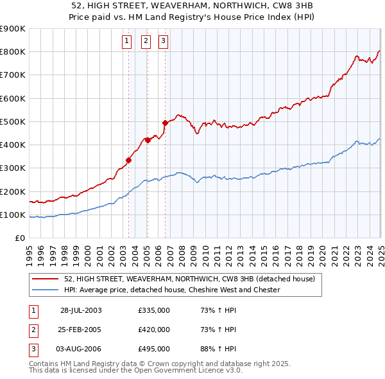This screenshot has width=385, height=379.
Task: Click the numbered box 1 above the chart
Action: pyautogui.click(x=126, y=42)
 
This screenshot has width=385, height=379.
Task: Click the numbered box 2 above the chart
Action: pyautogui.click(x=146, y=42)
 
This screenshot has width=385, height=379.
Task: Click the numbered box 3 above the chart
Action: pyautogui.click(x=163, y=42)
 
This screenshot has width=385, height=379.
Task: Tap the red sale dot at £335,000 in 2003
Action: pyautogui.click(x=129, y=161)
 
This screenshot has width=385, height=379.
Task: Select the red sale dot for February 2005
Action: pyautogui.click(x=147, y=140)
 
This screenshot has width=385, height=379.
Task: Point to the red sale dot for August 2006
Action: pyautogui.click(x=165, y=123)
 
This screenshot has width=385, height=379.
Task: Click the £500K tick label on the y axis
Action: pyautogui.click(x=13, y=121)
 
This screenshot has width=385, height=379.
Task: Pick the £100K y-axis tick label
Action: pyautogui.click(x=13, y=215)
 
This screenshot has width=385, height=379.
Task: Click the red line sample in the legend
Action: pyautogui.click(x=45, y=279)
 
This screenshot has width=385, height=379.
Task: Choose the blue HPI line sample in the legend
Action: pyautogui.click(x=45, y=290)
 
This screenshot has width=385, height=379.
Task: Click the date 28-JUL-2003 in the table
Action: pyautogui.click(x=81, y=310)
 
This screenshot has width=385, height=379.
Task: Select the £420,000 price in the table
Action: pyautogui.click(x=154, y=330)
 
